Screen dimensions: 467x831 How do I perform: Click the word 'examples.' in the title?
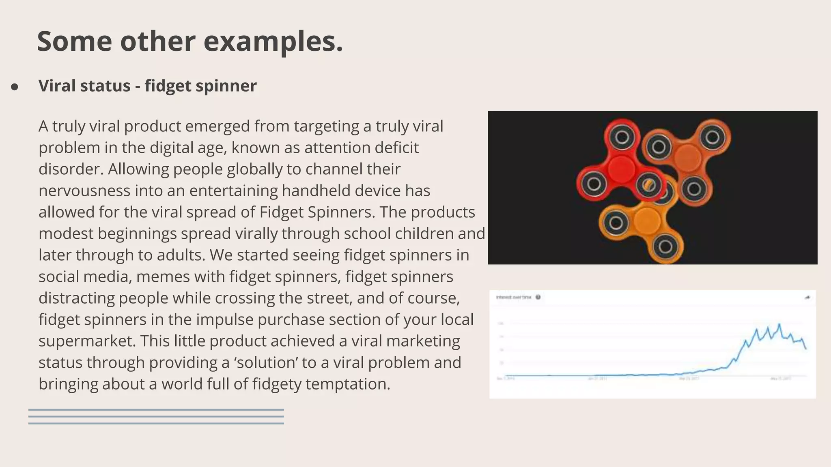tap(273, 41)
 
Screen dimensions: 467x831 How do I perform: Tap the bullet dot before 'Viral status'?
tap(15, 87)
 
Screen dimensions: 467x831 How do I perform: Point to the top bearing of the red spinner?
tap(622, 137)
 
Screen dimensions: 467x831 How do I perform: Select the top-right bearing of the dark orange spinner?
tap(713, 137)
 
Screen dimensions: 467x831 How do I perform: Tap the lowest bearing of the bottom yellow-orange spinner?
tap(665, 246)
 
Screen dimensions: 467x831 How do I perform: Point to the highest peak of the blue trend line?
tap(779, 324)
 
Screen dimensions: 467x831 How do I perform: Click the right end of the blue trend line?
tap(806, 349)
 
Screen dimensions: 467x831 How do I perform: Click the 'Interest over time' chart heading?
tap(513, 298)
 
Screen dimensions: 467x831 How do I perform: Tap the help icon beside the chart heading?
tap(538, 298)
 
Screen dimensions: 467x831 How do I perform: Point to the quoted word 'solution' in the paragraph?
tap(266, 362)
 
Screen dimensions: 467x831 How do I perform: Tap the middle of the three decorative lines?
tap(156, 417)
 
